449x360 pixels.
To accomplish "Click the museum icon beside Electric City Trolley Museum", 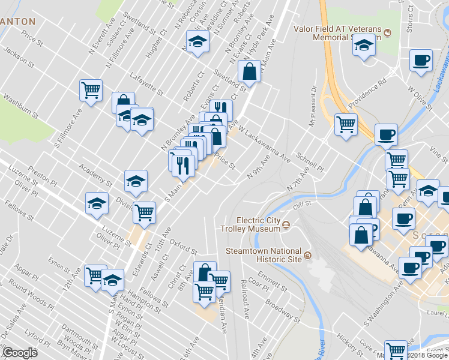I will [x=286, y=226].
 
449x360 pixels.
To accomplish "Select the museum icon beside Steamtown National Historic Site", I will [x=307, y=256].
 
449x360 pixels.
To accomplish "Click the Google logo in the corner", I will [x=19, y=353].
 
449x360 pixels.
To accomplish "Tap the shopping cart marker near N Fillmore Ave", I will [x=91, y=91].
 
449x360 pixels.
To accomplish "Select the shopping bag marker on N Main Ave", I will [x=249, y=72].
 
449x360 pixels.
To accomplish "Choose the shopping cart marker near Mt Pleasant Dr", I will [x=346, y=125].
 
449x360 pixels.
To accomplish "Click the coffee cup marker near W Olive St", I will [x=421, y=61].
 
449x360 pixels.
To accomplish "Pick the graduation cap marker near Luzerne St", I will [x=97, y=203].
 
